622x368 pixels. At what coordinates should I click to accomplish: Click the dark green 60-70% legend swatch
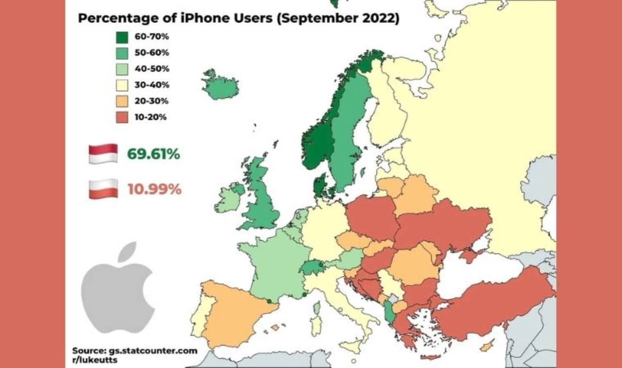point(122,37)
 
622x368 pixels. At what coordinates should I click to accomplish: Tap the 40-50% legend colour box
point(122,69)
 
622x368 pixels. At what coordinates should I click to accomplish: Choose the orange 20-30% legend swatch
point(122,101)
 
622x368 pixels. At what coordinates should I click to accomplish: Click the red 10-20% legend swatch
point(122,117)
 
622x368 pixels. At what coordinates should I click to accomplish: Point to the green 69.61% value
point(154,154)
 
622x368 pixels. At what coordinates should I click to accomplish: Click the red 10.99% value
point(154,189)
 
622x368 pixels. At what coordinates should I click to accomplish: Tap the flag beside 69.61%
point(103,154)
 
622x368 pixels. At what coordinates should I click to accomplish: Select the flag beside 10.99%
point(103,189)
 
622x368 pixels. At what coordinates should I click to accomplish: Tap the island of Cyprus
point(486,345)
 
